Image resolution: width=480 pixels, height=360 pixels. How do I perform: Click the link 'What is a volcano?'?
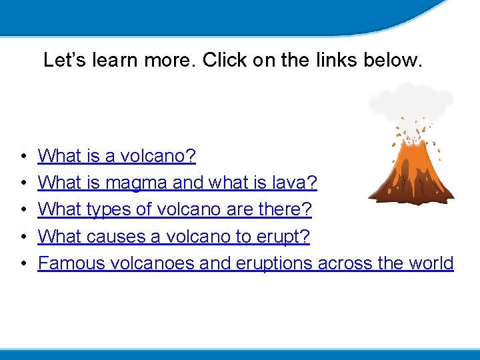point(117,156)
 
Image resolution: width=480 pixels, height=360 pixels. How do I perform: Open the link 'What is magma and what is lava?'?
point(177,183)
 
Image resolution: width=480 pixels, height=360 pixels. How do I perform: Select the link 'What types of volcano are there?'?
point(175,209)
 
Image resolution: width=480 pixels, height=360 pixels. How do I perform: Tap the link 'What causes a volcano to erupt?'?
point(174,236)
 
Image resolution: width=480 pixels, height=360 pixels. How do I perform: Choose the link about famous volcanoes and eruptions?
point(245,263)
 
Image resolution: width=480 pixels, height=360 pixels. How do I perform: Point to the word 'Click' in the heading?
point(224,60)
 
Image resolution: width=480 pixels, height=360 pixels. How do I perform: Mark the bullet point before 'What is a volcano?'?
point(23,157)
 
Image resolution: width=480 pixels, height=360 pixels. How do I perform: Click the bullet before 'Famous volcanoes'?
point(23,264)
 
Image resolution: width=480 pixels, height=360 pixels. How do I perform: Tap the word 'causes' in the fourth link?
point(123,236)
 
